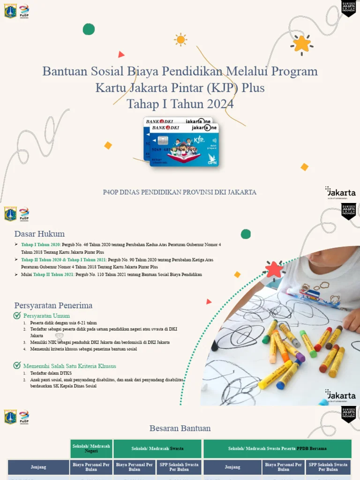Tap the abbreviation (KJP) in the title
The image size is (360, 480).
[x=220, y=88]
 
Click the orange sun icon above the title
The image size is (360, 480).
[x=180, y=39]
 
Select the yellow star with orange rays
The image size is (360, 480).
[x=302, y=44]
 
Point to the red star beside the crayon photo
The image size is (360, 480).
[x=274, y=270]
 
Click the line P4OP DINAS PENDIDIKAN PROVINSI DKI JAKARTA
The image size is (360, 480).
[x=180, y=192]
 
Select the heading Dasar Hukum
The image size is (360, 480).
[x=39, y=234]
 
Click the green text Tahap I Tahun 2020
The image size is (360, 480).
[x=41, y=245]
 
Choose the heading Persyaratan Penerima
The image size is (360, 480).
[x=53, y=306]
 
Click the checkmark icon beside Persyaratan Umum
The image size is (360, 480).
[x=17, y=316]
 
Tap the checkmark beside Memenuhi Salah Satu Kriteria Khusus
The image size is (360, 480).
[x=17, y=366]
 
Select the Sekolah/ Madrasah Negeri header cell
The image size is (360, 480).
[x=91, y=449]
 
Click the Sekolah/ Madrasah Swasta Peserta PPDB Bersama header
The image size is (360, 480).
[x=277, y=449]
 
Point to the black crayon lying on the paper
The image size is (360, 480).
[x=215, y=346]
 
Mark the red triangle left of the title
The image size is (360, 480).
[x=121, y=54]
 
